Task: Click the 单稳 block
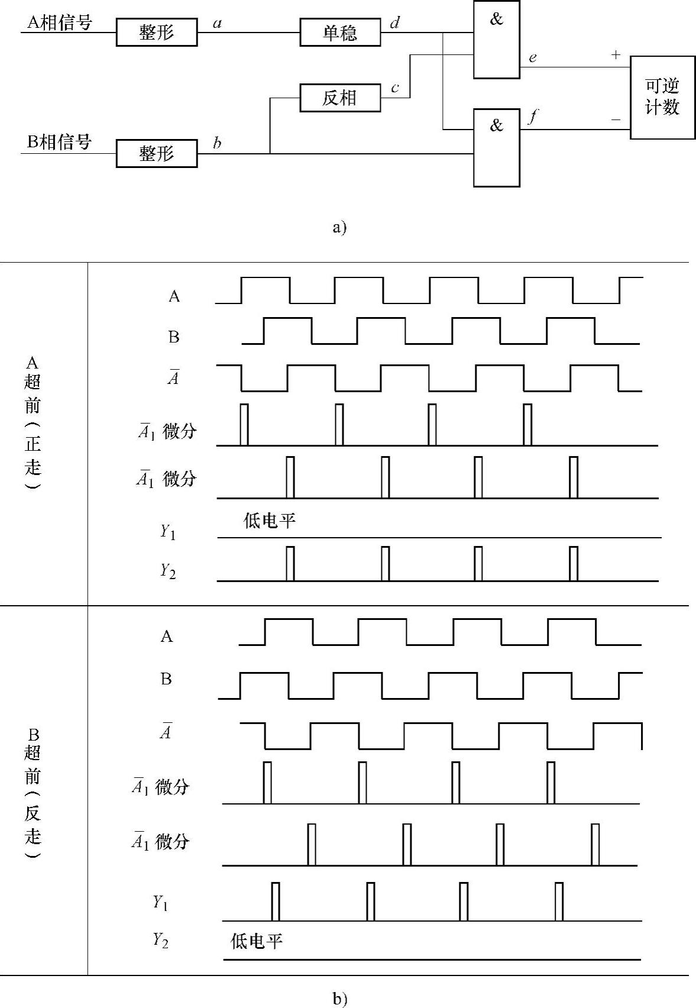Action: pos(340,33)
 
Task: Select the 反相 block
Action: pos(340,98)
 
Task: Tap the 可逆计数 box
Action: pos(662,98)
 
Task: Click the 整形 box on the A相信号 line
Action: pos(157,33)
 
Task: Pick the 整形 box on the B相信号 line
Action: pos(157,154)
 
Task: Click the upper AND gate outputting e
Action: pos(497,40)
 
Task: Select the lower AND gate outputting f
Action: pos(497,148)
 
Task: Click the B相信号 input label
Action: pos(60,143)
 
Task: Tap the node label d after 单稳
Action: pos(395,23)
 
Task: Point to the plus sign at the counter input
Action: pos(616,55)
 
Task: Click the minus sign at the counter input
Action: pos(616,120)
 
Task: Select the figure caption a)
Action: pos(339,227)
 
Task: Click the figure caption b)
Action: pos(339,999)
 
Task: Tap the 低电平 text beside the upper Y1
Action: pos(269,521)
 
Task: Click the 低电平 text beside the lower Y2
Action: pos(256,941)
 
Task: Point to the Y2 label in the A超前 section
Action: pos(168,571)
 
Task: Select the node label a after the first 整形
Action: pos(217,24)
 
